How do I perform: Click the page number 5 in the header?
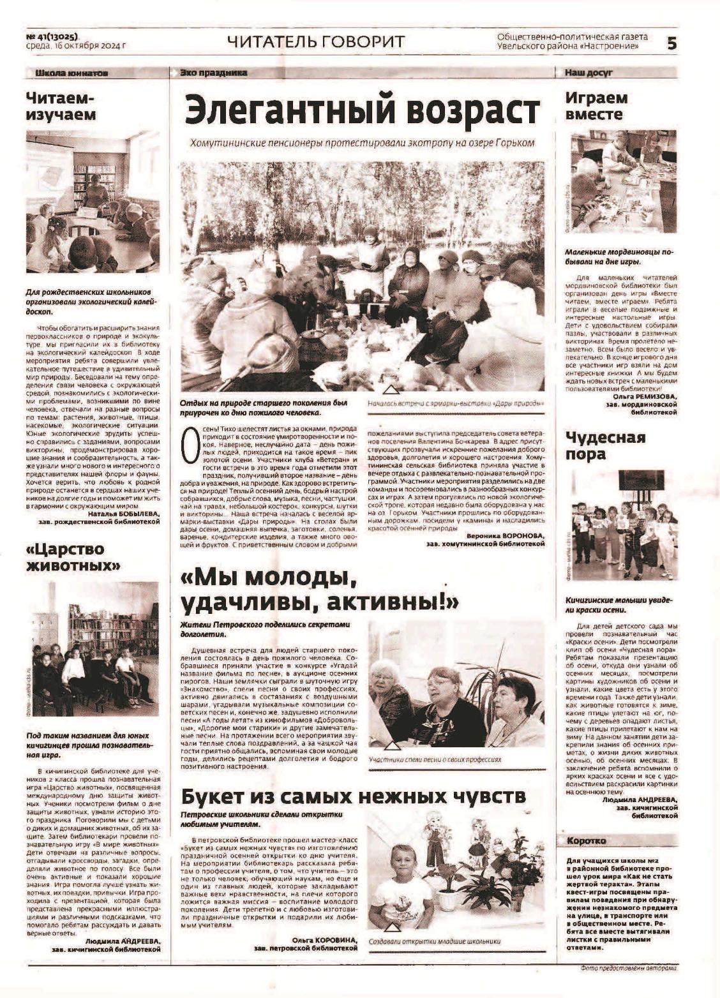coord(671,43)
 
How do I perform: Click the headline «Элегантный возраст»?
coord(362,110)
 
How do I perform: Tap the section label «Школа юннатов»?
coord(71,73)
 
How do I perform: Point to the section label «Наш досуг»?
coord(588,73)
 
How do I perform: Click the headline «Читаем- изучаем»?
coord(61,107)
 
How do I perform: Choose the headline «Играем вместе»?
coord(596,107)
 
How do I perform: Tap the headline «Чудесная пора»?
coord(605,445)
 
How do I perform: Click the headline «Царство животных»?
coord(73,557)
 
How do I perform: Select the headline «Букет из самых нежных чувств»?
coord(353,796)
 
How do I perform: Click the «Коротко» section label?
coord(586,841)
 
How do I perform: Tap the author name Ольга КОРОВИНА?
coord(324,940)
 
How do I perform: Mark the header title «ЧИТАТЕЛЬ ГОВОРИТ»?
coord(315,42)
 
